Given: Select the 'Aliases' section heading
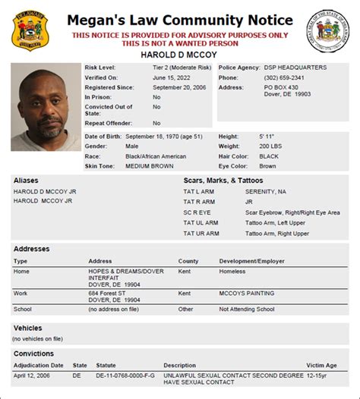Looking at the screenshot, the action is (27, 181).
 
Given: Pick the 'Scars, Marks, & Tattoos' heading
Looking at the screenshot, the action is (223, 181).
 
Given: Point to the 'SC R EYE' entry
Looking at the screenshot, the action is (197, 213).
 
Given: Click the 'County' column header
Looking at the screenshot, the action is (188, 261).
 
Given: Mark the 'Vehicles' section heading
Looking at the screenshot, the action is (29, 328).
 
